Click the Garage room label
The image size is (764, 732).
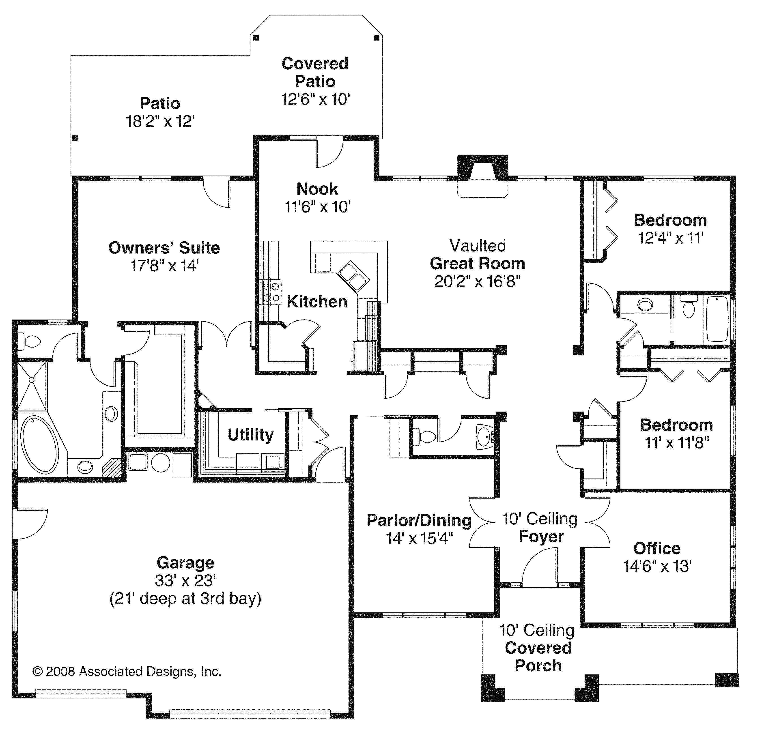point(185,563)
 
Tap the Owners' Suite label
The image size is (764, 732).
point(164,248)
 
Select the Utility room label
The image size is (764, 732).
point(251,435)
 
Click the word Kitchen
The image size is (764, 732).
point(317,302)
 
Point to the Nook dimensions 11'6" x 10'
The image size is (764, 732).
point(318,207)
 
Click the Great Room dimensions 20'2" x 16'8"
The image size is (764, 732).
point(478,281)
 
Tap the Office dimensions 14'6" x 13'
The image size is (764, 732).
point(657,566)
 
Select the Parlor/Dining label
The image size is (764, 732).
point(419,521)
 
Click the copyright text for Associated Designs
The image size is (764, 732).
point(127,672)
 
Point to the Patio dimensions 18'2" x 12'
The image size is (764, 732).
point(160,122)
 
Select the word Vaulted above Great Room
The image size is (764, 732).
point(478,246)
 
